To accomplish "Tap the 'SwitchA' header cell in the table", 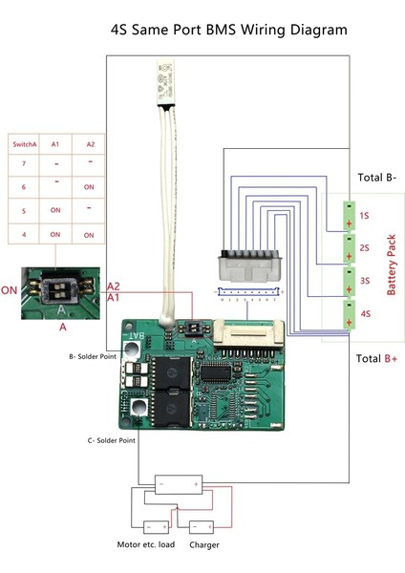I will (24, 144).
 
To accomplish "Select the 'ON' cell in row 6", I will (88, 188).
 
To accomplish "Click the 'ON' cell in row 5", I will (55, 210).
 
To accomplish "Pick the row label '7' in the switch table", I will (24, 165).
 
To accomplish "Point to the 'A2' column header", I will (88, 144).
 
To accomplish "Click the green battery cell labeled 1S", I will (352, 216).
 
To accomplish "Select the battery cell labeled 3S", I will (352, 280).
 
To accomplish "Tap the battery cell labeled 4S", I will (352, 313).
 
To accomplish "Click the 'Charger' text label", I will (203, 545).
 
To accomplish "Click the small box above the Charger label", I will (201, 526).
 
